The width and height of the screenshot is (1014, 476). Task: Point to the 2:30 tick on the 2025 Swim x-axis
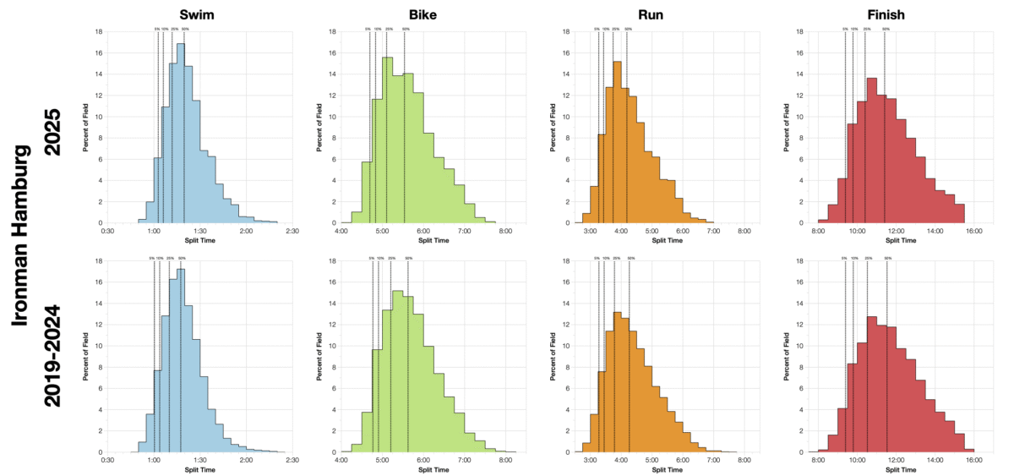292,230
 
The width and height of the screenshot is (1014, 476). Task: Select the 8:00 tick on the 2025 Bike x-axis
504,230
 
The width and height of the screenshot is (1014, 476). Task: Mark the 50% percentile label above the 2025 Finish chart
886,29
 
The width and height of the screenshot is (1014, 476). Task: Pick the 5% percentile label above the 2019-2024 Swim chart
155,258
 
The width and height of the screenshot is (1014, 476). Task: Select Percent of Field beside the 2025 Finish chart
785,128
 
